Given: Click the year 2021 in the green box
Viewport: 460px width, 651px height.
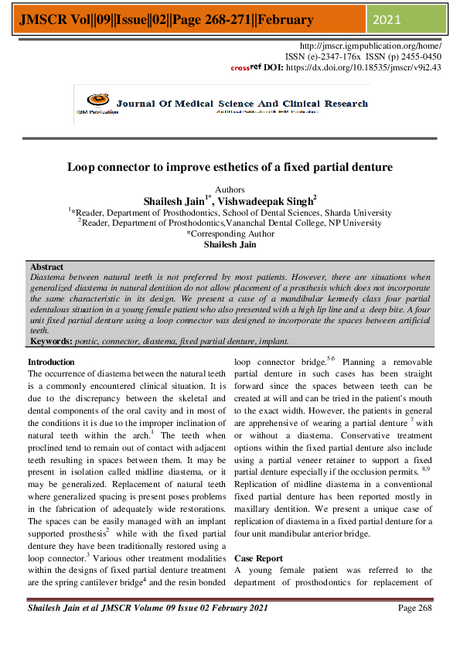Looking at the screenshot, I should (389, 19).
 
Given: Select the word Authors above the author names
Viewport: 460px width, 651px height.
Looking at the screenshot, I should (230, 189).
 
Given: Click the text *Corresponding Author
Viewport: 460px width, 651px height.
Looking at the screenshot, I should (230, 233).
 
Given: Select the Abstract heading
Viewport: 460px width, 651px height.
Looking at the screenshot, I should (46, 267).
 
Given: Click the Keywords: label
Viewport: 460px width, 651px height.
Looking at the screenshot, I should (51, 341).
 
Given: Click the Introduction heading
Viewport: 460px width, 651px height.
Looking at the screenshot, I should (51, 362).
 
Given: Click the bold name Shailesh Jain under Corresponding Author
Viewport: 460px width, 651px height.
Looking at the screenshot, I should (230, 244).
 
